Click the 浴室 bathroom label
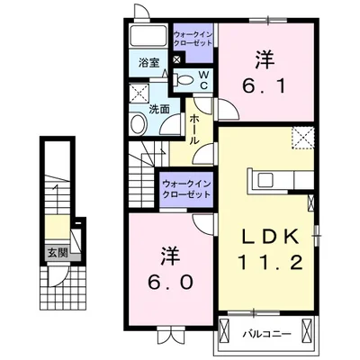pos(148,63)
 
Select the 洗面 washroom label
pos(158,109)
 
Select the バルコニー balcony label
pos(265,334)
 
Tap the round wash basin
pos(138,125)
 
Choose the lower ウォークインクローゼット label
pos(187,189)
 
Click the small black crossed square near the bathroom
pos(176,60)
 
